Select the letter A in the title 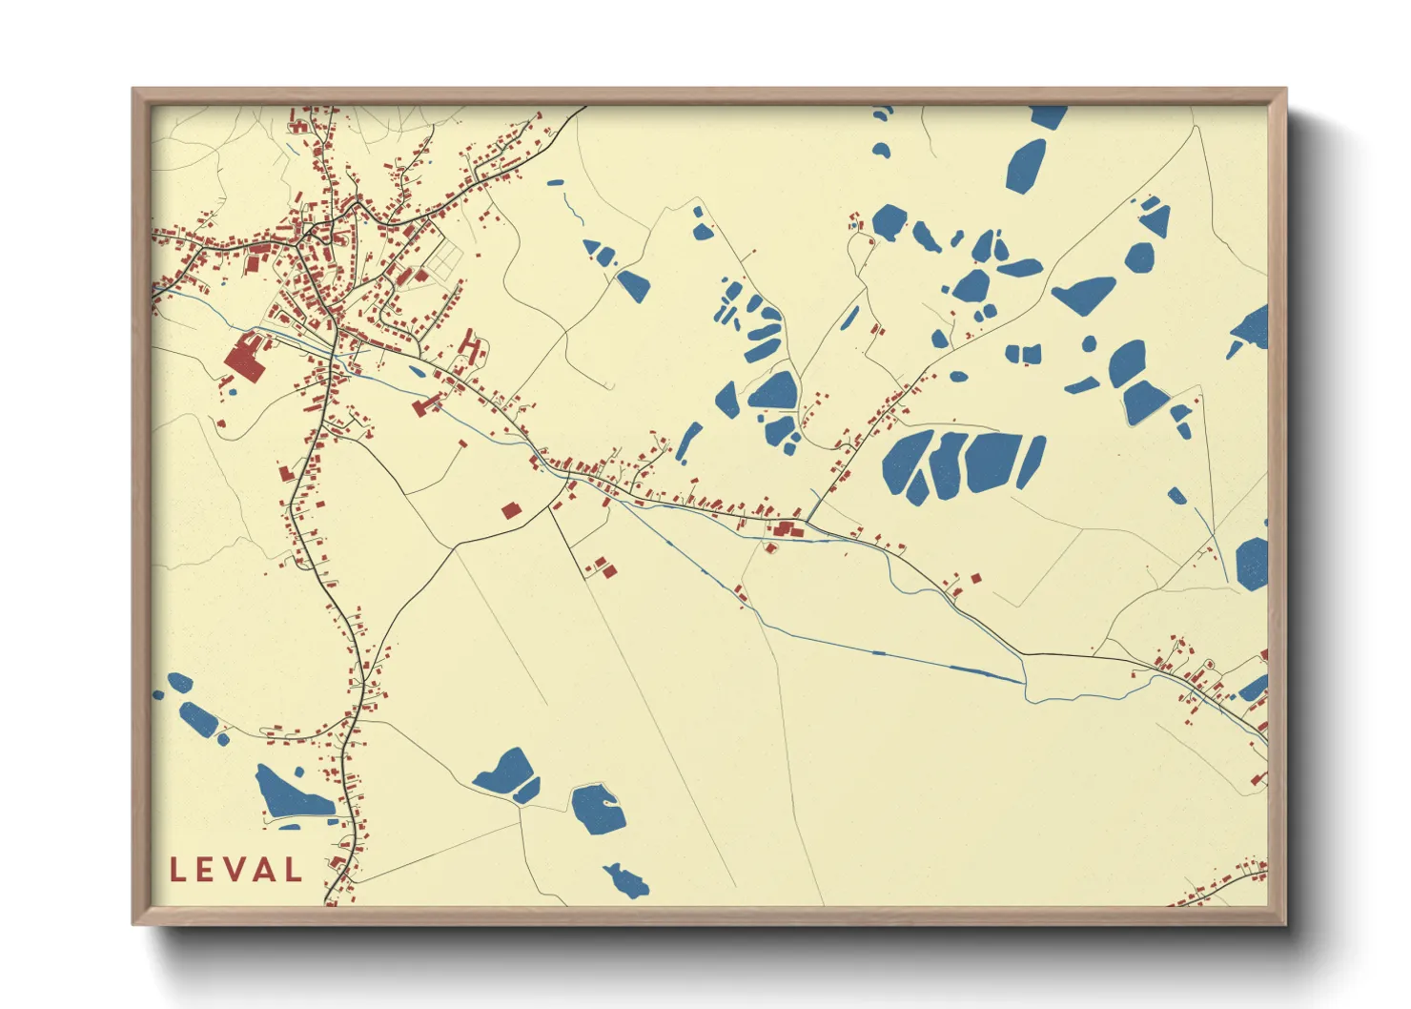(263, 870)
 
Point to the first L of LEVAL (177, 870)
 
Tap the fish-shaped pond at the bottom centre (625, 880)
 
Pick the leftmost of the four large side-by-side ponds (907, 464)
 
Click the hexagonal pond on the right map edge (1252, 564)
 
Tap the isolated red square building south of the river (511, 510)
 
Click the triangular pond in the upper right (1155, 220)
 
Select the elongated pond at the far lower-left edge (198, 717)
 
